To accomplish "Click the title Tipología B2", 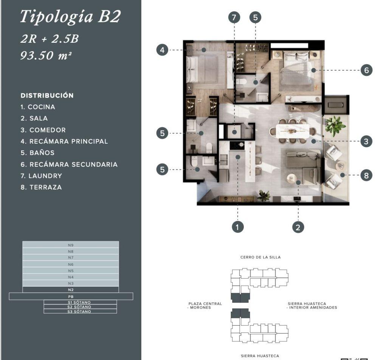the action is pos(70,17).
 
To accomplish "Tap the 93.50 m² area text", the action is pos(46,55).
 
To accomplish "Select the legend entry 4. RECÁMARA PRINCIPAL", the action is pos(64,141).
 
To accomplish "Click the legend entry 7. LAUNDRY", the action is pos(41,176).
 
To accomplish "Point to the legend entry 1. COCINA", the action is pos(38,107).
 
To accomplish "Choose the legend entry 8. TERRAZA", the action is pos(41,188).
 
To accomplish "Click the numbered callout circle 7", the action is pos(234,17).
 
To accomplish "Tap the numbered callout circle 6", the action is pos(366,70).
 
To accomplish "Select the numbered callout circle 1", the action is pos(237,227).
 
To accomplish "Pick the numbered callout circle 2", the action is pos(298,227).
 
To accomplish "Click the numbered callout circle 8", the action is pos(366,175).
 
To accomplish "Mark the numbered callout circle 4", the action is pos(162,50).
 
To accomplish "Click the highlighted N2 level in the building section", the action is pos(71,290).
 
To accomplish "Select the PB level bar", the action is pos(71,296).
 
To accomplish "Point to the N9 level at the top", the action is pos(71,245).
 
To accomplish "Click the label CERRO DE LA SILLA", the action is pos(260,257).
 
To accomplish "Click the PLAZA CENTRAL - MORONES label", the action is pos(205,306).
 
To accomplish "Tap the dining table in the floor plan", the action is pos(293,131).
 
